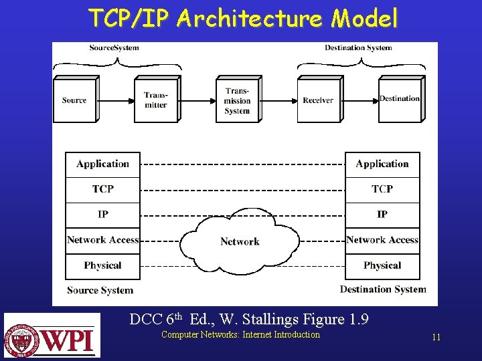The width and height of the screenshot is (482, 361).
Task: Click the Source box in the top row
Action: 74,100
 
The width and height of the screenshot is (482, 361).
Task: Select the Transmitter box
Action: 156,100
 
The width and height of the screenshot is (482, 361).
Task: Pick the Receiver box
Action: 318,100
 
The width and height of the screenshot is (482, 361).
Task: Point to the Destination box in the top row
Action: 400,99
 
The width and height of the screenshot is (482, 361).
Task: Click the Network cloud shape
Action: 240,241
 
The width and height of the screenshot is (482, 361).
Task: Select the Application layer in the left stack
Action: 102,164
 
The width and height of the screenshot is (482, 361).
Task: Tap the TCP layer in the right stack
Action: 382,189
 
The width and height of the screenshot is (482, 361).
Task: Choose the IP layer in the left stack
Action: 102,215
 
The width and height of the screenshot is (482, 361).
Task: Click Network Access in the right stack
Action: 382,240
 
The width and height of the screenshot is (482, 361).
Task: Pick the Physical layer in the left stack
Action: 102,265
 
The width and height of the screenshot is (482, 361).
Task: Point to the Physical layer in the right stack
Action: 382,265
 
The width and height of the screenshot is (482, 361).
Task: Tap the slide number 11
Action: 436,338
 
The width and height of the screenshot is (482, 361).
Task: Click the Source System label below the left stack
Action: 100,290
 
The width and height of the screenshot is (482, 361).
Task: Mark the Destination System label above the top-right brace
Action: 358,47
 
